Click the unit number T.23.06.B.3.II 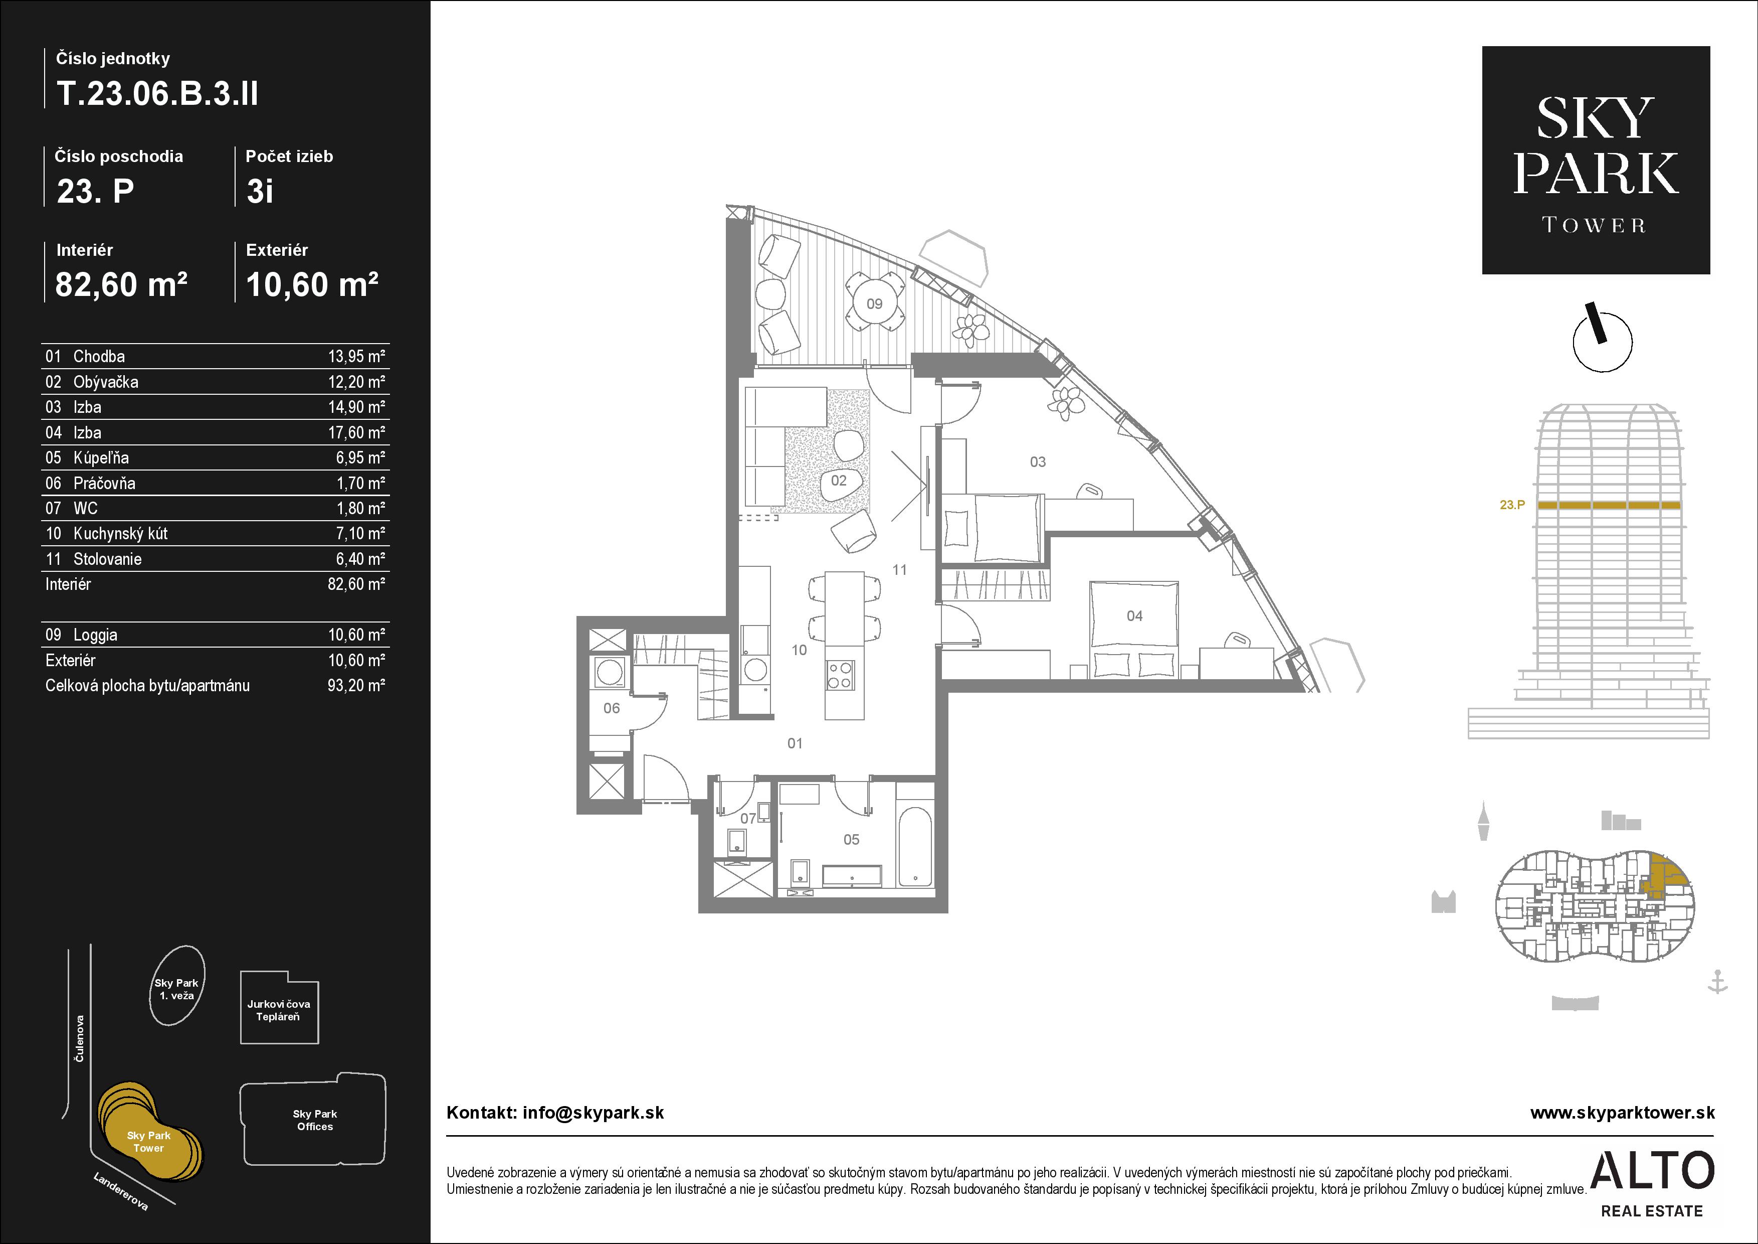tap(157, 93)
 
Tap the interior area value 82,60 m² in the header tap(121, 284)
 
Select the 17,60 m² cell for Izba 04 tap(356, 433)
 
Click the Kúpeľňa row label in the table tap(101, 458)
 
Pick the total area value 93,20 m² tap(356, 686)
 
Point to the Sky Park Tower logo tap(1596, 160)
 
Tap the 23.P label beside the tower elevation tap(1512, 505)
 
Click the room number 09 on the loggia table tap(874, 303)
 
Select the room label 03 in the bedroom tap(1038, 462)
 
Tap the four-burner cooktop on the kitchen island tap(840, 674)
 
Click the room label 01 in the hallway tap(795, 743)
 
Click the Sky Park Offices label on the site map tap(315, 1120)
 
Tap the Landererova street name tap(121, 1191)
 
